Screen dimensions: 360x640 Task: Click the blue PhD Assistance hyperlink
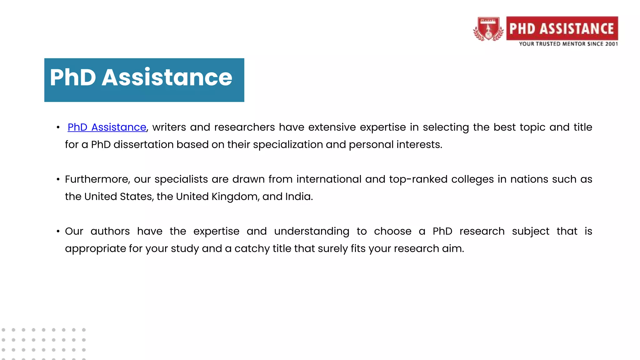point(107,127)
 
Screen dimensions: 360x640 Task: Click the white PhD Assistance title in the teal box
point(141,77)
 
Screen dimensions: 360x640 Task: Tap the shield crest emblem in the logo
point(488,29)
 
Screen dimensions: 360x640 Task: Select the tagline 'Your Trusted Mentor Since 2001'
point(568,44)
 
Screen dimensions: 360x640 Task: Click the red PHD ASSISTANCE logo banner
point(562,28)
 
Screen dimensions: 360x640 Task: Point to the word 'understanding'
point(312,231)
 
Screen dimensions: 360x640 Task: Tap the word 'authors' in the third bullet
point(110,231)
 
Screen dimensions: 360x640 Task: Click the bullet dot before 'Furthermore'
point(58,179)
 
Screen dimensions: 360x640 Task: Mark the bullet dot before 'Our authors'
point(58,231)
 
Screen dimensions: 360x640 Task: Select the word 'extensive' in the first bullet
point(332,127)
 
